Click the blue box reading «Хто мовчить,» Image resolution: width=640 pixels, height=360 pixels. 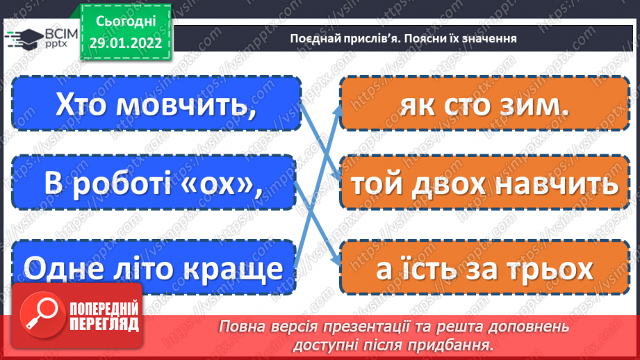[x=156, y=104]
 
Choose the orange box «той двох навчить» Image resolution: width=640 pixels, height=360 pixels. [x=484, y=184]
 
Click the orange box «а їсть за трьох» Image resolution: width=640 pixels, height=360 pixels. [x=484, y=268]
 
